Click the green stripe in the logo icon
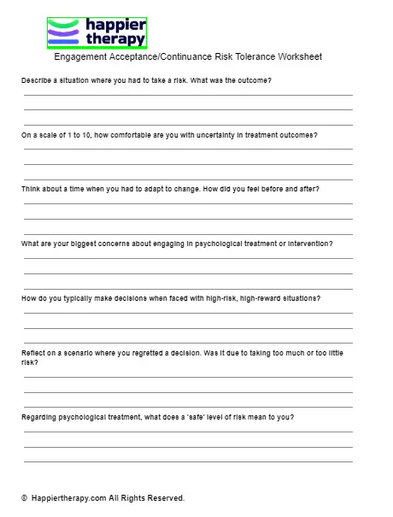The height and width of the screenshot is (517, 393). pos(66,24)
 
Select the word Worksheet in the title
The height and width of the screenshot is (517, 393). pos(298,57)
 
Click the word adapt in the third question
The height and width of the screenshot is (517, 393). pos(140,189)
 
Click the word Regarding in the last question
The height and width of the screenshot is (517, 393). pos(40,417)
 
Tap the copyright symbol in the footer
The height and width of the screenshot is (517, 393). pos(25,497)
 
